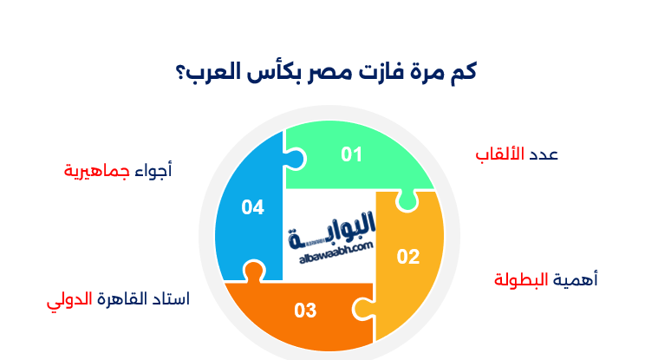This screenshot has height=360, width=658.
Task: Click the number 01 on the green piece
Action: tap(351, 154)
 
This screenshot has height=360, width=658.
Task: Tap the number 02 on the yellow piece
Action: tap(408, 256)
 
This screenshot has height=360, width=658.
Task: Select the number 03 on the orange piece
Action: tap(305, 310)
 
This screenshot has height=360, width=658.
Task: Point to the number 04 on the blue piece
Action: tap(252, 207)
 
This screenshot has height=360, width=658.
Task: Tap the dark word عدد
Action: tap(543, 154)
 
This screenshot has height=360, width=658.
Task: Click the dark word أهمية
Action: tap(575, 279)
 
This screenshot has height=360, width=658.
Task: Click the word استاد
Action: tap(172, 300)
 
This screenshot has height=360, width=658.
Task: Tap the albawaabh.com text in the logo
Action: tap(330, 246)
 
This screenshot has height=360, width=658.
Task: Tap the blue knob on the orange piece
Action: tap(252, 271)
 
